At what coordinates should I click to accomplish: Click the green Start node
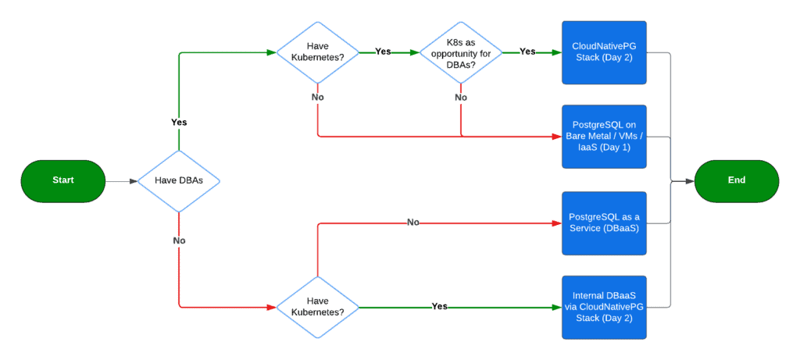tap(62, 180)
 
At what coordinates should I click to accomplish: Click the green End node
tap(736, 180)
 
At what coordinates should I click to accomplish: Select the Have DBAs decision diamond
tap(179, 180)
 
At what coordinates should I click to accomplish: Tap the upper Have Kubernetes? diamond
tap(317, 52)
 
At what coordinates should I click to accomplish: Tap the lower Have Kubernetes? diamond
tap(317, 306)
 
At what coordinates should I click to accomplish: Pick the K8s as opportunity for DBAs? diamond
tap(460, 52)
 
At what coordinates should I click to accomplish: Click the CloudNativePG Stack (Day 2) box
tap(604, 52)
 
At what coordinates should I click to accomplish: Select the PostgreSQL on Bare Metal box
tap(604, 137)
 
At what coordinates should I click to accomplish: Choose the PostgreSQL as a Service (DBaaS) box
tap(604, 222)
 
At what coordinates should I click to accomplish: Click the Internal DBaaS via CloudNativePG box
tap(604, 306)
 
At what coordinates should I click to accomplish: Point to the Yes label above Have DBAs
tap(179, 123)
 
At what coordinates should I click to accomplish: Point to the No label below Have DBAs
tap(179, 241)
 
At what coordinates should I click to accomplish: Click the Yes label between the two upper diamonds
tap(383, 52)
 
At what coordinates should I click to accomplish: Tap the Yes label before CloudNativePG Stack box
tap(527, 52)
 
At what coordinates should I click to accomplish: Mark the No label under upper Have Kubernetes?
tap(317, 98)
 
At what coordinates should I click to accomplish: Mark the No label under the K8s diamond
tap(460, 98)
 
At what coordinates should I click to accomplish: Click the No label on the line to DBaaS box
tap(413, 223)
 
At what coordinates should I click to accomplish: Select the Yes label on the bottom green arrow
tap(440, 306)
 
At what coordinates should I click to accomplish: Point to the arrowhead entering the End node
tap(690, 180)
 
